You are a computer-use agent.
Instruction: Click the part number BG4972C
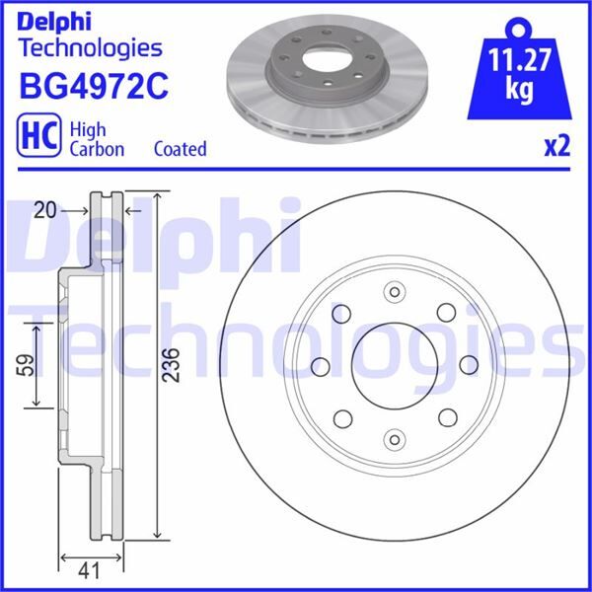tap(94, 87)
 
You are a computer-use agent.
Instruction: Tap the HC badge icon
tap(38, 135)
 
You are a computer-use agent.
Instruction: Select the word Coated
tap(181, 148)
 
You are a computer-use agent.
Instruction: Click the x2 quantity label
tap(556, 146)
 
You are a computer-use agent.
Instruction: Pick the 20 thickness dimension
tap(45, 210)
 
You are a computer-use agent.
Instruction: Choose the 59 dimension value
tap(26, 365)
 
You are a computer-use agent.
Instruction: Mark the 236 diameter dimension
tap(171, 365)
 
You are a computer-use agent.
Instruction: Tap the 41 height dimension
tap(89, 570)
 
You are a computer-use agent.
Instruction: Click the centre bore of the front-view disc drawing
tap(395, 365)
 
